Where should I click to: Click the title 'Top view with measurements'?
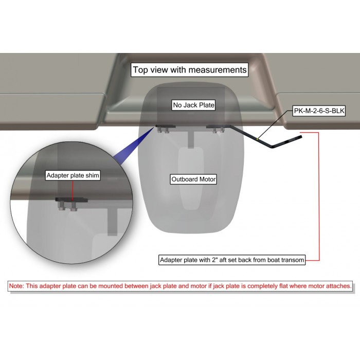[x=190, y=70]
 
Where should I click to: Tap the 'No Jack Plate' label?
[x=193, y=105]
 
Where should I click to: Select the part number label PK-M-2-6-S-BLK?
[x=319, y=111]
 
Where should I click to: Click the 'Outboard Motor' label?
[x=193, y=179]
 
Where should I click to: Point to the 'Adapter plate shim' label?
[x=73, y=175]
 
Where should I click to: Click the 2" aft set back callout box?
[x=232, y=260]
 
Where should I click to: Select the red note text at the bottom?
[x=180, y=286]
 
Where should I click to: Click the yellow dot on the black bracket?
[x=258, y=139]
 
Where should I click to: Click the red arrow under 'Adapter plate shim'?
[x=73, y=191]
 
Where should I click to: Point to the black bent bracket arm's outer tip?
[x=301, y=137]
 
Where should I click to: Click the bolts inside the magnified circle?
[x=68, y=206]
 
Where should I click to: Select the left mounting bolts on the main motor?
[x=164, y=130]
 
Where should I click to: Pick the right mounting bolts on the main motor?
[x=219, y=130]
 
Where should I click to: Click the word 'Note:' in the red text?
[x=16, y=286]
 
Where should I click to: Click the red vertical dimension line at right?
[x=319, y=196]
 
